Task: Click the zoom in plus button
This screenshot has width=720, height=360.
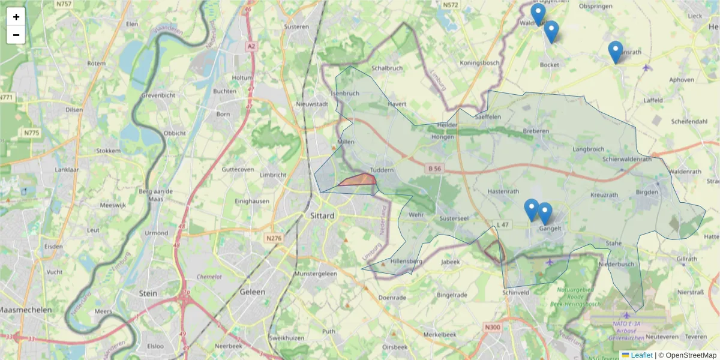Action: click(x=16, y=17)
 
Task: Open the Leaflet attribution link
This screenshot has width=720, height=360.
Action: click(x=641, y=355)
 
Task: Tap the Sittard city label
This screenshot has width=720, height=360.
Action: click(x=322, y=215)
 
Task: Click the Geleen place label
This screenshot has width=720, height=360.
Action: click(x=252, y=292)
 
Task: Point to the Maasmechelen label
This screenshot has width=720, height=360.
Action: click(x=25, y=310)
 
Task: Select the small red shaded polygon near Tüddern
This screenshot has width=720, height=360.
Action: click(x=359, y=179)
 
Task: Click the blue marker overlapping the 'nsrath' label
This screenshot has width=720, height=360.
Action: click(x=615, y=52)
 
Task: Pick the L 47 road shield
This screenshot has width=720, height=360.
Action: click(x=503, y=224)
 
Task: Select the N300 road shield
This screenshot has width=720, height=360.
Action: click(x=492, y=327)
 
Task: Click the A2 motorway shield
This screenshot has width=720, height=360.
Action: click(x=251, y=46)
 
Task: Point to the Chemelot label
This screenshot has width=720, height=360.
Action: click(x=209, y=277)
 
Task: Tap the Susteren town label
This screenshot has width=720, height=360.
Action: click(x=297, y=26)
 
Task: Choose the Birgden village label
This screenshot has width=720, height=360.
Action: click(x=647, y=192)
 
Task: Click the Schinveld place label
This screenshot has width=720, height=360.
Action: click(x=516, y=292)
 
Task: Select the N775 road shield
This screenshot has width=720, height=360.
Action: click(x=31, y=133)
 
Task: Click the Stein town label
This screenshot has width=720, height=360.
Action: click(x=148, y=293)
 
